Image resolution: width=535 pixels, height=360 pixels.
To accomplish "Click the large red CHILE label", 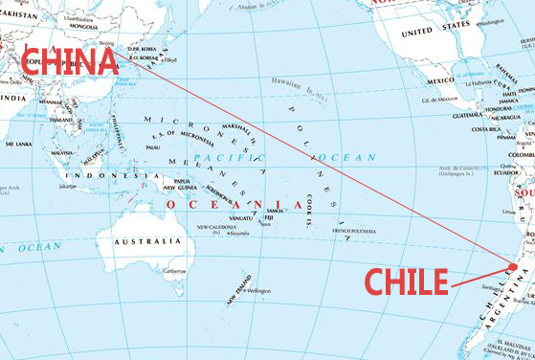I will (x=407, y=281).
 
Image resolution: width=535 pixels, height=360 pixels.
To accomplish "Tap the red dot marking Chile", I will (x=514, y=267).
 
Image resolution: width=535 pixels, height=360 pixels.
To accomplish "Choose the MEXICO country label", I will (x=440, y=80).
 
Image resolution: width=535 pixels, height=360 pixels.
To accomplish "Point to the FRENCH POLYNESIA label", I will (x=355, y=232).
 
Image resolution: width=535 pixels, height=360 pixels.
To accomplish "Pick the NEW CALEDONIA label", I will (x=216, y=227).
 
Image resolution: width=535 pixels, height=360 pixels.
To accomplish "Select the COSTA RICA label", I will (x=486, y=129).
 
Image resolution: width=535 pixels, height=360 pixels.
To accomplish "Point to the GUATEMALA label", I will (x=468, y=115).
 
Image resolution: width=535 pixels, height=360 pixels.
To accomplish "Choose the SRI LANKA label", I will (x=18, y=144).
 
